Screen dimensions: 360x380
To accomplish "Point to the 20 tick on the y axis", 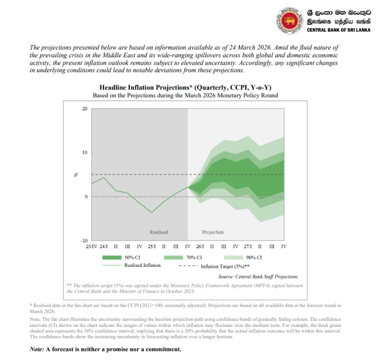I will [x=84, y=109].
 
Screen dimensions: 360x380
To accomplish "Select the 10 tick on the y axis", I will [x=84, y=153].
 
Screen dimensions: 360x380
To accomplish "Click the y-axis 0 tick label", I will [x=86, y=197].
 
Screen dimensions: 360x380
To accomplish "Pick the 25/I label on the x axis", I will [x=152, y=246].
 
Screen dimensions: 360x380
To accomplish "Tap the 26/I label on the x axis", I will [x=200, y=246].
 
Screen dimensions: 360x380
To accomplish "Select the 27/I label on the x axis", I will [x=248, y=246].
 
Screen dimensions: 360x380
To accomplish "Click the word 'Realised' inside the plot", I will [x=159, y=232].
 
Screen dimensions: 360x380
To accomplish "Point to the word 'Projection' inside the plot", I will [x=213, y=232].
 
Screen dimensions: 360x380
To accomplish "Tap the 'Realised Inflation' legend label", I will [x=142, y=265].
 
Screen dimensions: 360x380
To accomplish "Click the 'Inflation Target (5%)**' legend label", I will [x=225, y=266].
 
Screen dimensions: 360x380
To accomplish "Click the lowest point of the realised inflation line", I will [x=151, y=213].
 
